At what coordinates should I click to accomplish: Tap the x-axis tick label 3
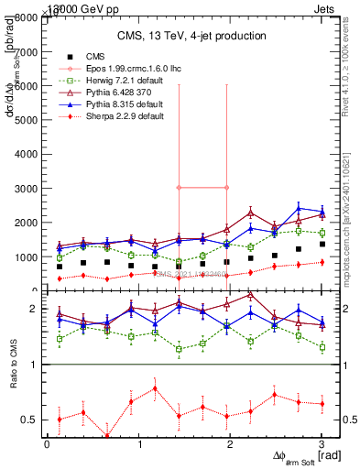tap(322, 443)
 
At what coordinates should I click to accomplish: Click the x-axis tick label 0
tap(48, 443)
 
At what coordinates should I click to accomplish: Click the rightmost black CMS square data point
tap(322, 244)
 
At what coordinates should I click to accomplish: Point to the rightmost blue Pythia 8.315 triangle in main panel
tap(322, 212)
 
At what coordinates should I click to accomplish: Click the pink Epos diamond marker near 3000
tap(180, 188)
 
